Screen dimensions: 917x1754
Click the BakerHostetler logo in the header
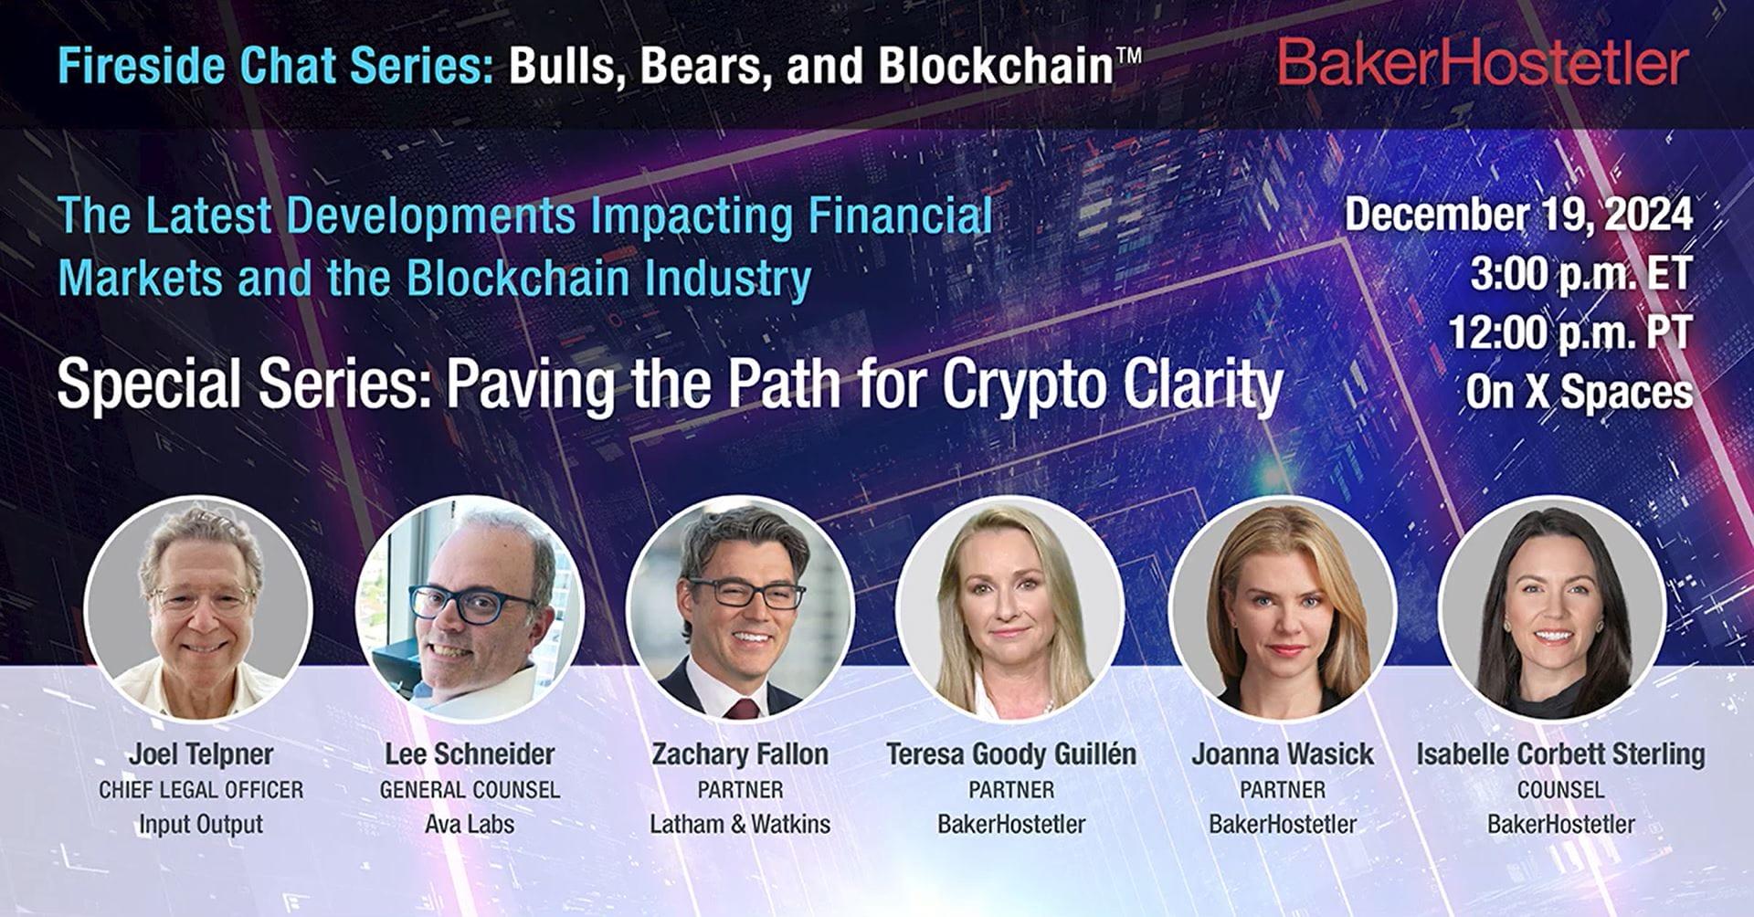[x=1481, y=63]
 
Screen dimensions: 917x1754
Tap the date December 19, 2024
[x=1518, y=215]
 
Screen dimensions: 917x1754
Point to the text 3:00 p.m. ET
[x=1580, y=273]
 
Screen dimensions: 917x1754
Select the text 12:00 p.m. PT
[x=1569, y=332]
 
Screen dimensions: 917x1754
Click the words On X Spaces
[x=1579, y=392]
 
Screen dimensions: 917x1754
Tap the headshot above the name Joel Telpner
[x=198, y=608]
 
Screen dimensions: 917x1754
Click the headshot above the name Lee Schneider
[x=470, y=608]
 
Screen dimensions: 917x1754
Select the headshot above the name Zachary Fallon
[x=740, y=608]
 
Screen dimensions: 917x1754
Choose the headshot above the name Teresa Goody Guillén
[x=1010, y=608]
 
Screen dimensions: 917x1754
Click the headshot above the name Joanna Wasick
[x=1282, y=608]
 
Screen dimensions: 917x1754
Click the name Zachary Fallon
[x=740, y=754]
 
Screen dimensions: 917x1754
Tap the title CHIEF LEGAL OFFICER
[x=201, y=790]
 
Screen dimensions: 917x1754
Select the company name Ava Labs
[x=470, y=824]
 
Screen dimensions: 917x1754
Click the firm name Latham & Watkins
[x=740, y=824]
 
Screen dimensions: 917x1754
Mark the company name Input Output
[x=201, y=824]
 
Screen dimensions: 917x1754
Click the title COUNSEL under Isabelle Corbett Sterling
[x=1560, y=790]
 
